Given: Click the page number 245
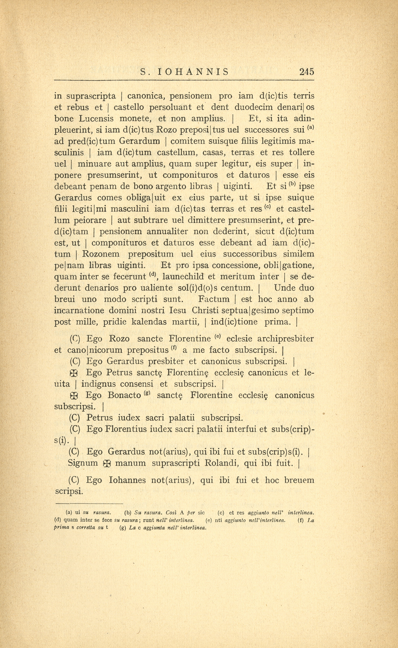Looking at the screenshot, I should tap(306, 72).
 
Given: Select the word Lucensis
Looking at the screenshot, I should tap(96, 119).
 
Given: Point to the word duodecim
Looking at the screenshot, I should tap(251, 107).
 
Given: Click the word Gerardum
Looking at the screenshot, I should tap(140, 141).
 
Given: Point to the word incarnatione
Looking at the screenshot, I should tap(78, 311).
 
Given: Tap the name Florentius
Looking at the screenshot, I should tap(126, 429).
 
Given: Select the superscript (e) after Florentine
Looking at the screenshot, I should tap(218, 336).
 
